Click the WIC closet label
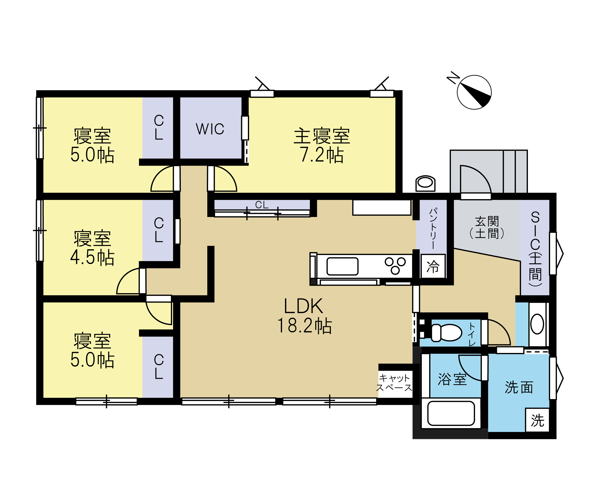pyautogui.click(x=210, y=129)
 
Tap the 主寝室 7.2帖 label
pyautogui.click(x=322, y=145)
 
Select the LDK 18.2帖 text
pyautogui.click(x=304, y=316)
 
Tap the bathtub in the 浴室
pyautogui.click(x=451, y=413)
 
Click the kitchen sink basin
pyautogui.click(x=342, y=266)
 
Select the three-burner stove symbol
pyautogui.click(x=395, y=265)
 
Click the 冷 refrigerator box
pyautogui.click(x=433, y=266)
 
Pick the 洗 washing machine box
pyautogui.click(x=537, y=420)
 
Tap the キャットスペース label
pyautogui.click(x=394, y=383)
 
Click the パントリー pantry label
pyautogui.click(x=433, y=228)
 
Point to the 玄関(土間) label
pyautogui.click(x=487, y=228)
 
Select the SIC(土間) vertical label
pyautogui.click(x=535, y=249)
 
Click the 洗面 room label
pyautogui.click(x=519, y=387)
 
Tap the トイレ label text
pyautogui.click(x=472, y=334)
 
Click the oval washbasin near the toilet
pyautogui.click(x=537, y=324)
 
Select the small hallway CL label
pyautogui.click(x=262, y=205)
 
